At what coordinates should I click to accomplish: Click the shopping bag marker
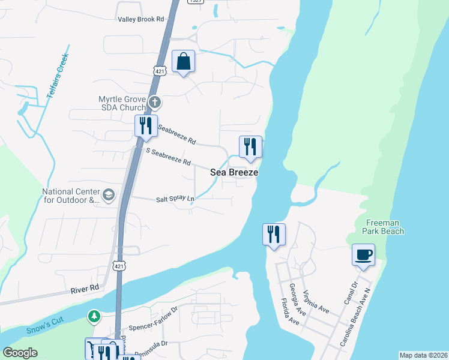pyautogui.click(x=183, y=62)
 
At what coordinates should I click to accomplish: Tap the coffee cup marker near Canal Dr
pyautogui.click(x=363, y=255)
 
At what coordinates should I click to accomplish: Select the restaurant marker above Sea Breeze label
pyautogui.click(x=250, y=147)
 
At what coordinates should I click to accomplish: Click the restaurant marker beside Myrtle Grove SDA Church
pyautogui.click(x=145, y=127)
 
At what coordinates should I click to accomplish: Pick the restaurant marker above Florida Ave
pyautogui.click(x=274, y=235)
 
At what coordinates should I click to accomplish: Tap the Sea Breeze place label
pyautogui.click(x=234, y=172)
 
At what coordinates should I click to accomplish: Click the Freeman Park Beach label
pyautogui.click(x=384, y=226)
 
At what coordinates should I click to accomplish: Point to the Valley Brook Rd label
pyautogui.click(x=141, y=19)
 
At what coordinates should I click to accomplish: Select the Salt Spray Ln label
pyautogui.click(x=175, y=199)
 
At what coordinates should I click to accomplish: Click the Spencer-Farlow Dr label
pyautogui.click(x=154, y=320)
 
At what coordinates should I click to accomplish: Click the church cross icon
pyautogui.click(x=155, y=102)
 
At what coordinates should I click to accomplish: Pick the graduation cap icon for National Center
pyautogui.click(x=109, y=194)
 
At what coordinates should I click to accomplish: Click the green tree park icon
pyautogui.click(x=94, y=316)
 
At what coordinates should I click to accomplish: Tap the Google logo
pyautogui.click(x=20, y=353)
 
